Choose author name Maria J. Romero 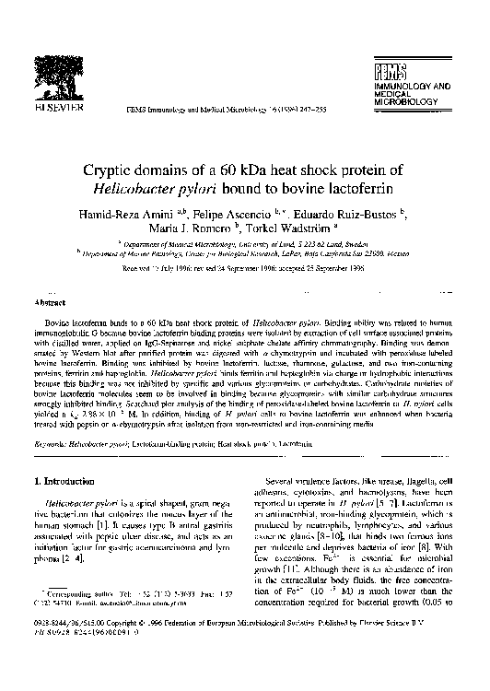point(204,230)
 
